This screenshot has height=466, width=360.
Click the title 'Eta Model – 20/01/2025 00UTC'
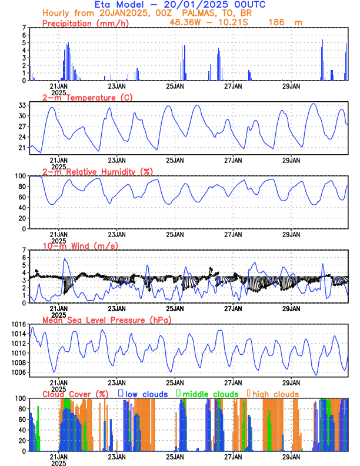tap(179, 5)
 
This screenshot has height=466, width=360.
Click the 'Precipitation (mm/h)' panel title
tap(85, 23)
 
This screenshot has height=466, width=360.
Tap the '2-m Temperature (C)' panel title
tap(87, 98)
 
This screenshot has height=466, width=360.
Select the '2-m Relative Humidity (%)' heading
tap(98, 172)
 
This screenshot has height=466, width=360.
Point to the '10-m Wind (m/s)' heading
tap(80, 246)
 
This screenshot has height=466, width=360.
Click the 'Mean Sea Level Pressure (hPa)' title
tap(107, 320)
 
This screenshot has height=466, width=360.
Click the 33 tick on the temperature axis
tap(22, 105)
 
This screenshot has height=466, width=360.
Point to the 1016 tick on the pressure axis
tap(19, 324)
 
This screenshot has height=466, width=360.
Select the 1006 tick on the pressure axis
tap(19, 372)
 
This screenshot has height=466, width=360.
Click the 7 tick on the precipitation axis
tap(24, 28)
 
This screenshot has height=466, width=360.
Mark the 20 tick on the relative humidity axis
tap(22, 218)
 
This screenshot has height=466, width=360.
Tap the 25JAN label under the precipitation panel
tap(175, 86)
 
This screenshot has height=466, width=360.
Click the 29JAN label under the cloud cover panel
tap(291, 457)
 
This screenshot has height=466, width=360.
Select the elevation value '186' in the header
tap(276, 22)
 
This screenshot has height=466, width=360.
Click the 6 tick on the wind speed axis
tap(24, 258)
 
